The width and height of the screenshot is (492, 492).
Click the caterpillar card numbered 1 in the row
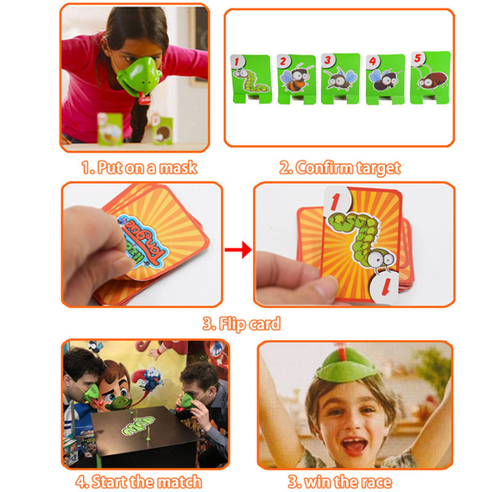pos(250,79)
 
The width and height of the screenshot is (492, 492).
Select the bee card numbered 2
pos(296,79)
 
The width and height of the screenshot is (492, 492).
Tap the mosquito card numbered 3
pos(340,79)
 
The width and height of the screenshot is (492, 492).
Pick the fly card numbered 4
pos(385,79)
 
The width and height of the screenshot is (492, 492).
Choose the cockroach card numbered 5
pos(431,78)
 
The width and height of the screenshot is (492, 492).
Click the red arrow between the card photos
pos(238,249)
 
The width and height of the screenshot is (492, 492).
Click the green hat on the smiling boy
pos(347,367)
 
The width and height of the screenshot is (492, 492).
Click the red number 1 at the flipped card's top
pos(336,200)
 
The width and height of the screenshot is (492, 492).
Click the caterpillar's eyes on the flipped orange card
pos(382,259)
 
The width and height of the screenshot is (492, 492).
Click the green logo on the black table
pos(138,426)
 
